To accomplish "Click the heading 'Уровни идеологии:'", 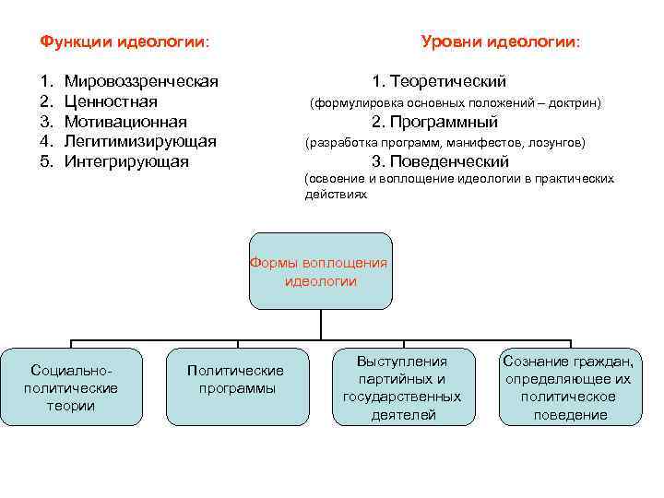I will tap(501, 42).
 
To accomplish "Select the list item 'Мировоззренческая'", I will tap(141, 81).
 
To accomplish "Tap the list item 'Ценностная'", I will tap(111, 101).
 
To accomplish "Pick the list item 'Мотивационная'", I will tap(125, 122).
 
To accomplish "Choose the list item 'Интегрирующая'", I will tap(126, 162).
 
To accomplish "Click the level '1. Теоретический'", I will tap(439, 81).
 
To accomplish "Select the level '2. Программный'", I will tap(434, 122).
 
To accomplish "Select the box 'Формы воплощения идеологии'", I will tap(319, 272).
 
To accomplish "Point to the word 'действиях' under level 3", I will tap(336, 196).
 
